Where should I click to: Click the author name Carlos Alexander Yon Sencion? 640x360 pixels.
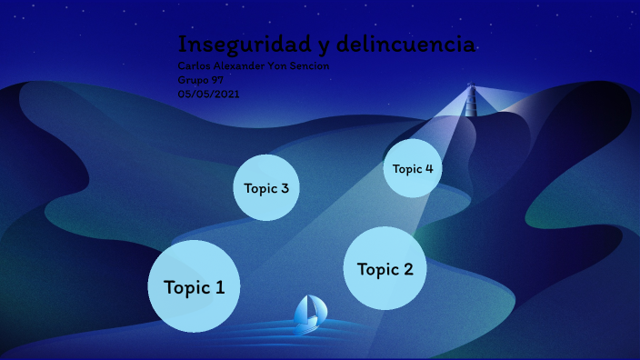[x=253, y=66]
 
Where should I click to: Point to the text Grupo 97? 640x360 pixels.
[x=200, y=80]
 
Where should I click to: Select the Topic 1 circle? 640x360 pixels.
[x=194, y=286]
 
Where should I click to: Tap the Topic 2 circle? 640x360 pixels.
[x=385, y=268]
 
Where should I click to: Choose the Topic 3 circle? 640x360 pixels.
[x=266, y=187]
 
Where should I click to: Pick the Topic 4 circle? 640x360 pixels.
[x=412, y=168]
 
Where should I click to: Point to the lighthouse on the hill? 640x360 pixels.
[x=471, y=100]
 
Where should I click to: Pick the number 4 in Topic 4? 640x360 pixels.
[x=428, y=168]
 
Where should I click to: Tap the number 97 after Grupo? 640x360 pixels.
[x=217, y=80]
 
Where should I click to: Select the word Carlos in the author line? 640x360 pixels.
[x=195, y=66]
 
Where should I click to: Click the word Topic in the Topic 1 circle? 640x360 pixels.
[x=184, y=287]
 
